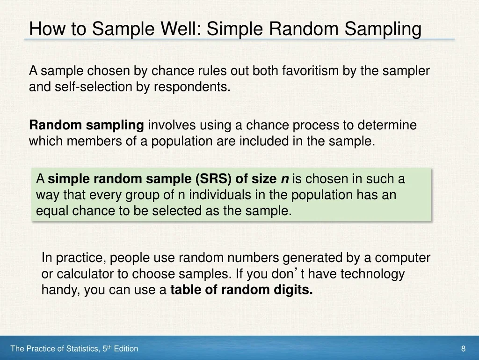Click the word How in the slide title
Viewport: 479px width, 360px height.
point(47,29)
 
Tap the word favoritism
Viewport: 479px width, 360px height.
point(310,71)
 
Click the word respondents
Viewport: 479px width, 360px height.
point(192,87)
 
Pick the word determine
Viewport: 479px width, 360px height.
point(387,125)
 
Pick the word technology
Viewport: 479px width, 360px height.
point(372,274)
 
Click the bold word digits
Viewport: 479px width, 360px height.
point(293,290)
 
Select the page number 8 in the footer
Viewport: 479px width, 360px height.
point(463,349)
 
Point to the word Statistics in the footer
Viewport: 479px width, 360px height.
point(83,349)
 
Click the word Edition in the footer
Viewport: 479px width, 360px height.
point(126,349)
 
